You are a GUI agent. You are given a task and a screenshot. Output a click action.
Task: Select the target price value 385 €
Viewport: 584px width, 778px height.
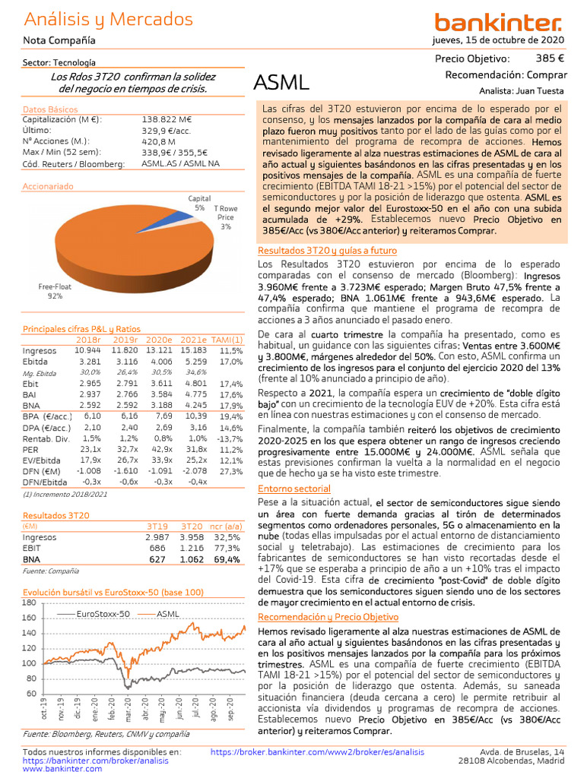tap(549, 59)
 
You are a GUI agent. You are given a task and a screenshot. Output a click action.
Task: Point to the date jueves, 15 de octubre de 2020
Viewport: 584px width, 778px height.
tap(498, 40)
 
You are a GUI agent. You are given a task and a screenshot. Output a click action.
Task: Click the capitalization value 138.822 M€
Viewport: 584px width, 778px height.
tap(167, 119)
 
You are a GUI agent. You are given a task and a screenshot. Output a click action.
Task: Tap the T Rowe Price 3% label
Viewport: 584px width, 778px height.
tap(226, 217)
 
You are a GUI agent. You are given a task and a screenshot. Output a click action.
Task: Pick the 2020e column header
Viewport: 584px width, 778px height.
tap(159, 340)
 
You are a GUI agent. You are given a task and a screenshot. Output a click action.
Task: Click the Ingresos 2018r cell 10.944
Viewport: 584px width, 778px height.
tap(87, 350)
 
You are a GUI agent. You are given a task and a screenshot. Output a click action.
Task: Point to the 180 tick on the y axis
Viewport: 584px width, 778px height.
tap(30, 602)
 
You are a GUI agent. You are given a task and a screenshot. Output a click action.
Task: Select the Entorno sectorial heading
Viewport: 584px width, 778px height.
tap(293, 489)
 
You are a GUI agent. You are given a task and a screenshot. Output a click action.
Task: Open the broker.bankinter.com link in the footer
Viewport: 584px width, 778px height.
tap(317, 752)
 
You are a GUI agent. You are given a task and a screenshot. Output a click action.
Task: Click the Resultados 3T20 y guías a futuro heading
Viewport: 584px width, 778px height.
tap(327, 251)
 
